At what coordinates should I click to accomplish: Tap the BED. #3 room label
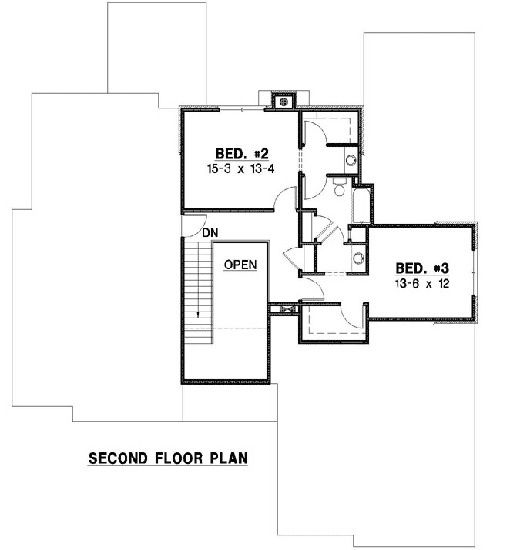tap(421, 268)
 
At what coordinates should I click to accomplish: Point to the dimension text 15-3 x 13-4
tap(240, 168)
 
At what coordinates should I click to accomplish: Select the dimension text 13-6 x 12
tap(421, 283)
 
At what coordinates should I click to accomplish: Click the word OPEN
tap(240, 264)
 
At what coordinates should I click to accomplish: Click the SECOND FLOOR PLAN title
tap(168, 458)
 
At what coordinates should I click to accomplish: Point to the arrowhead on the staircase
tap(199, 314)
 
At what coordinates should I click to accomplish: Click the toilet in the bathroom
tap(339, 188)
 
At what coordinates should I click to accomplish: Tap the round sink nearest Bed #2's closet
tap(351, 161)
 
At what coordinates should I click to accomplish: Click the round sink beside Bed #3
tap(357, 258)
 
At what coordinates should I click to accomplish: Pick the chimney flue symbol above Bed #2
tap(283, 101)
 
